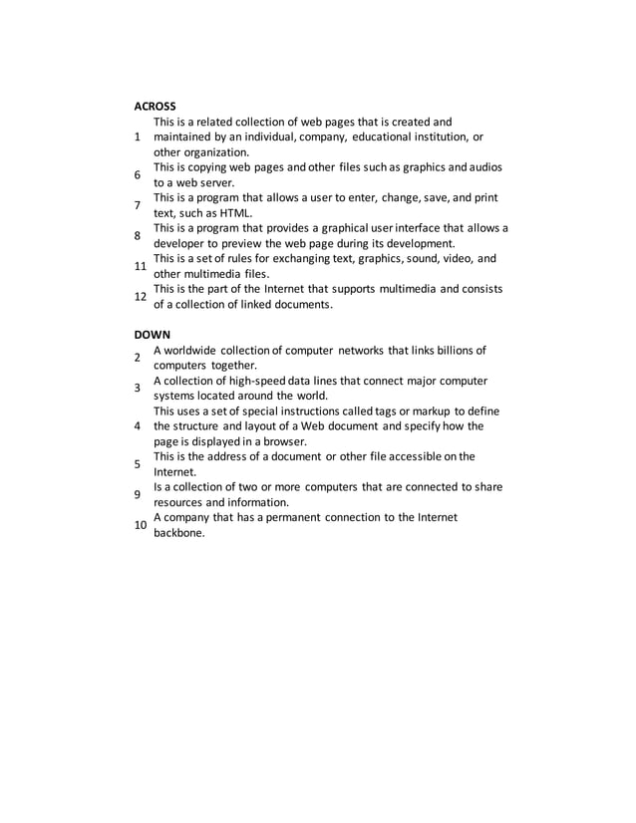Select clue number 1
coord(139,137)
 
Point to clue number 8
coord(139,235)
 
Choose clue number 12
coord(142,296)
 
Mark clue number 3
coord(139,388)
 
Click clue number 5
coord(139,463)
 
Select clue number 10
coord(142,524)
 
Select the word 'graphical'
coord(327,228)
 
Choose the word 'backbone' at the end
coord(180,533)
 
